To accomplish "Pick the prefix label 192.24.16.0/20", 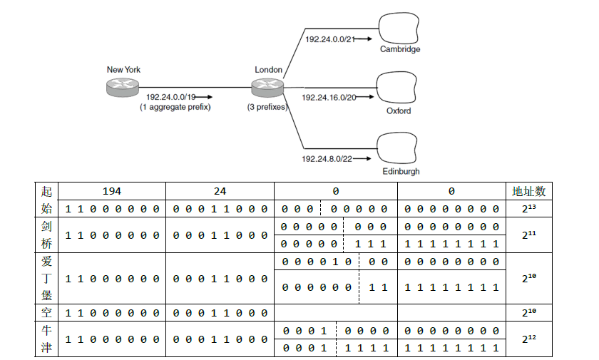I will [329, 96].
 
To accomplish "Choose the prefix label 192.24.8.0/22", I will [327, 158].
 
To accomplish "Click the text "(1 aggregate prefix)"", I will [175, 107].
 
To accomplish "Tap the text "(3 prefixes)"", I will [267, 107].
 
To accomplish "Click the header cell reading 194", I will [112, 191].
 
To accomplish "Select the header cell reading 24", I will [220, 191].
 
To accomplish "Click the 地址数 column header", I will [528, 191].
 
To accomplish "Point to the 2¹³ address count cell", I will [528, 209].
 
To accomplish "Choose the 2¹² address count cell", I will [528, 339].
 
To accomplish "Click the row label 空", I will [47, 312].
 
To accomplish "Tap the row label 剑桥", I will [47, 235].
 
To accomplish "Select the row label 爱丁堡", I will [47, 278].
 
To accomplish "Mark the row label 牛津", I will [47, 339].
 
